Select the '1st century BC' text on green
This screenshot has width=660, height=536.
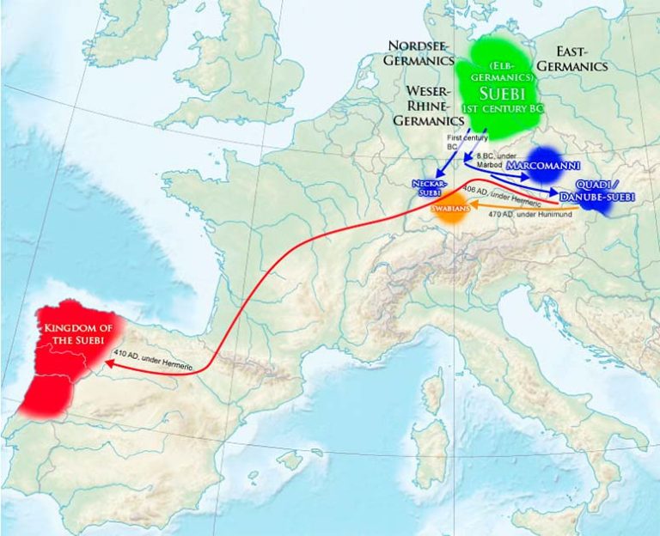point(497,110)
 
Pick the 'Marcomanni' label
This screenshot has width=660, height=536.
point(543,164)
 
